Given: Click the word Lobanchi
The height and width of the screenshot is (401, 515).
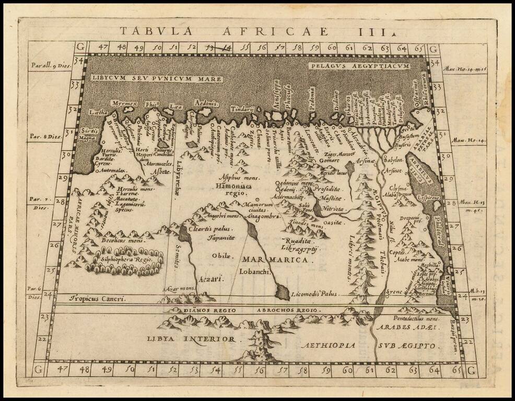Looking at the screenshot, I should pos(254,272).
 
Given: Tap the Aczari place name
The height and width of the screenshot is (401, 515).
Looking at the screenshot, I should pos(210,279).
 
